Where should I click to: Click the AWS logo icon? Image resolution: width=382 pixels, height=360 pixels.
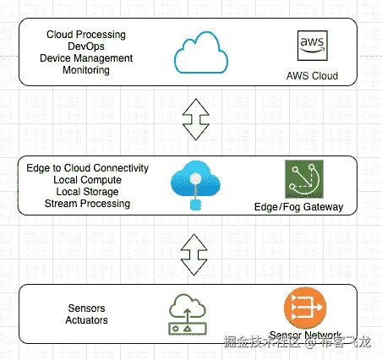[313, 46]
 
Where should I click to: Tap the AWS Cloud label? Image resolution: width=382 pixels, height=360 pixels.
[312, 76]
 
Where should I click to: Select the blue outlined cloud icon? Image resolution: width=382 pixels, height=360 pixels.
[201, 52]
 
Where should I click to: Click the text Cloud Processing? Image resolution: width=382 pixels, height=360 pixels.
[86, 35]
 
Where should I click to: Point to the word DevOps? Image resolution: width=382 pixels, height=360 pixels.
[86, 46]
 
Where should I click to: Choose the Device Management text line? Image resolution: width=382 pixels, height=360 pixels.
[86, 58]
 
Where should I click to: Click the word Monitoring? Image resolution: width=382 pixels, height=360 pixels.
[86, 70]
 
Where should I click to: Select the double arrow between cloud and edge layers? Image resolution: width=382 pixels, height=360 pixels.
[196, 119]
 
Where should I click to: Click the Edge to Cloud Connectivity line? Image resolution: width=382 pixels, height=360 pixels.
[87, 168]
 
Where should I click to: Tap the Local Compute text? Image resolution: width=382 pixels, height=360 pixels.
[87, 180]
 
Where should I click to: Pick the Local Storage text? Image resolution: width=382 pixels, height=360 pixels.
[87, 192]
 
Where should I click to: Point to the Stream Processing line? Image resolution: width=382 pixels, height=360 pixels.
[87, 204]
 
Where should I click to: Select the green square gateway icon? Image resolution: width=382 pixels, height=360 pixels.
[304, 179]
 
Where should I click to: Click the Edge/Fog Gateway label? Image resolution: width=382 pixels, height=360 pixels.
[298, 207]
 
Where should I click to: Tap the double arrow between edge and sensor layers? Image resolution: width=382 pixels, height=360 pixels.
[194, 254]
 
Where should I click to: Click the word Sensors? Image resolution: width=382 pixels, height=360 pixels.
[86, 308]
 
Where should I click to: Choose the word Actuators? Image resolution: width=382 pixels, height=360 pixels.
[86, 320]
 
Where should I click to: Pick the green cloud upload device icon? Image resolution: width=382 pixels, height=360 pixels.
[188, 314]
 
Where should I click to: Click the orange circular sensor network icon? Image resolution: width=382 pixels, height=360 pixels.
[305, 308]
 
